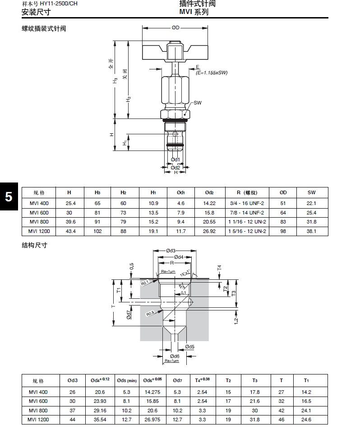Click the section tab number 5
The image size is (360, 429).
(x=9, y=197)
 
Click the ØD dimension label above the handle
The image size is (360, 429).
(x=175, y=28)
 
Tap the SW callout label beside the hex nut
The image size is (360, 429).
(x=198, y=103)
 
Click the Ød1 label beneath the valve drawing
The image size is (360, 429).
(x=175, y=160)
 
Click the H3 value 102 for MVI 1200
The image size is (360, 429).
(x=97, y=231)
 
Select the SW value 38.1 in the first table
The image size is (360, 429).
(x=311, y=231)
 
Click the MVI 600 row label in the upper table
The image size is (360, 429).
(x=39, y=213)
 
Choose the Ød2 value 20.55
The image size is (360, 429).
(x=209, y=222)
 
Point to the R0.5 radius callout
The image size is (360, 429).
(x=151, y=313)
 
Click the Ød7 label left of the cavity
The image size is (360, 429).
(x=129, y=314)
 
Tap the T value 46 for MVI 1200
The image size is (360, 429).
(x=281, y=420)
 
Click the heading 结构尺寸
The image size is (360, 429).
(x=35, y=246)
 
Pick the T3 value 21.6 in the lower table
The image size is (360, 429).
(x=255, y=401)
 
